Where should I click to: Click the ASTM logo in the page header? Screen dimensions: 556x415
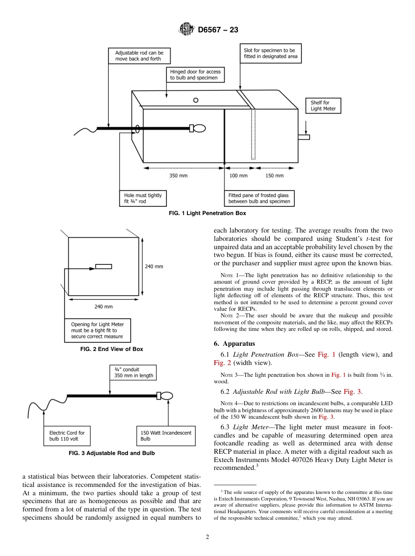tap(187, 30)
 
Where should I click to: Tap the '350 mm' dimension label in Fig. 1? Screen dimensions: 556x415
tap(178, 176)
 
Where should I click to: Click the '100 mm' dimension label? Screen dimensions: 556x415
tap(239, 176)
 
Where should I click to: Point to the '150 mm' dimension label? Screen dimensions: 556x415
tap(274, 176)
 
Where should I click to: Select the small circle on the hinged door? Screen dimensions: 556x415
tap(196, 100)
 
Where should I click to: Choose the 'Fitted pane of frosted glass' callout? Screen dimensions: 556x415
tap(259, 198)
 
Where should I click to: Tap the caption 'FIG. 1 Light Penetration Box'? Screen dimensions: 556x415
tap(207, 213)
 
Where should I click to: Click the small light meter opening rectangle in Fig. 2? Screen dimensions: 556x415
tap(104, 266)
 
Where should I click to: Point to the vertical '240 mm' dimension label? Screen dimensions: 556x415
tap(154, 266)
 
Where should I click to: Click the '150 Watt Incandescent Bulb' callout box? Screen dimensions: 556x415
tap(166, 436)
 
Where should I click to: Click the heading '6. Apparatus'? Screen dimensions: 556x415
tap(235, 344)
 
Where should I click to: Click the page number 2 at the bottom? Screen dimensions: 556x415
tap(207, 537)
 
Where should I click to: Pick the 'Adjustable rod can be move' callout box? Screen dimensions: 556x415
tap(139, 56)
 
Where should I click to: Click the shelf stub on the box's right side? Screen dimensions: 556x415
tap(304, 137)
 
